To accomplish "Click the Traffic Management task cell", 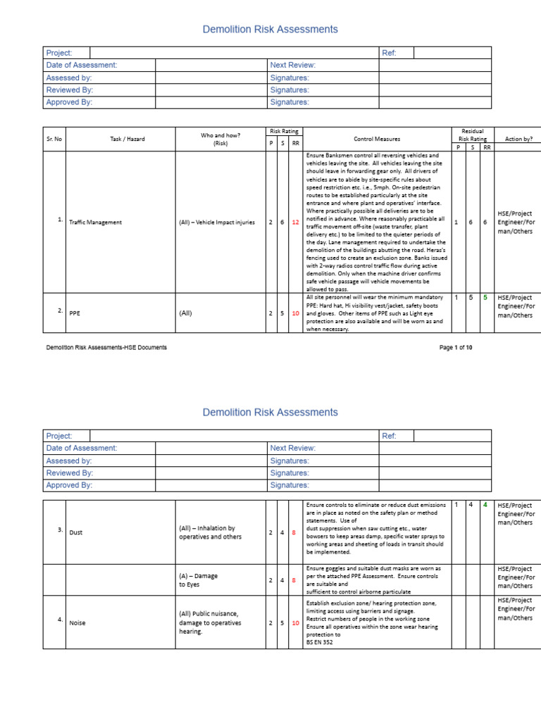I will point(95,222).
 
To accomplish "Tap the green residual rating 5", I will point(485,297).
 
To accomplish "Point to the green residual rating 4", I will point(485,505).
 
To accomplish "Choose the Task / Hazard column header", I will point(128,139).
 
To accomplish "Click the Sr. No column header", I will point(54,139).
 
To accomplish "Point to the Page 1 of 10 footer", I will point(456,348).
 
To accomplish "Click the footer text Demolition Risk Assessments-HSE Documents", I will point(106,348).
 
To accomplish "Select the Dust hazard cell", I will point(76,532).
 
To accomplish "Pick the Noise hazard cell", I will point(77,622).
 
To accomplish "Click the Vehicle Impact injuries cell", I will point(216,222).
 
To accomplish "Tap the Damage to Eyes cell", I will point(199,579).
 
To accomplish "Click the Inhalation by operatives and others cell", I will point(210,532).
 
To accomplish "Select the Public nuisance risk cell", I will point(210,622).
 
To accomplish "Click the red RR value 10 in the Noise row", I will point(296,622).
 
